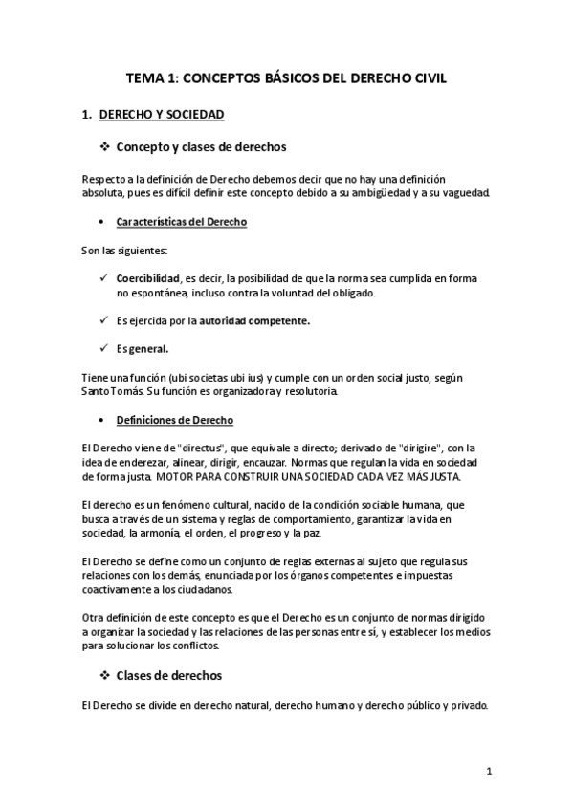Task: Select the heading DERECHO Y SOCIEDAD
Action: [x=161, y=115]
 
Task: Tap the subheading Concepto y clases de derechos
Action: [x=200, y=147]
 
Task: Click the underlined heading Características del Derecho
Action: [x=181, y=222]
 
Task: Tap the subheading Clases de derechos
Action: [x=168, y=675]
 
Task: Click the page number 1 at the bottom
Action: [x=488, y=771]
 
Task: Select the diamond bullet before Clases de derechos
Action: [x=105, y=675]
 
